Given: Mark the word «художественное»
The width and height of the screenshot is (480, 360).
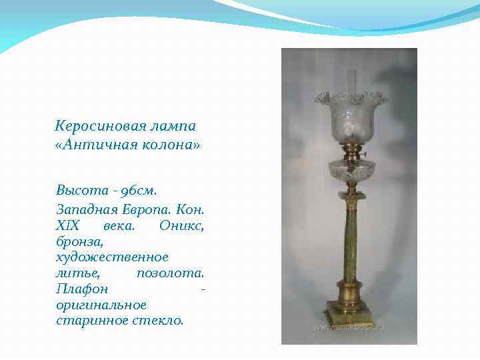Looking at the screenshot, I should pyautogui.click(x=112, y=257).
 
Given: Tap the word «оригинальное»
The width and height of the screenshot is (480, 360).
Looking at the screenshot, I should pyautogui.click(x=101, y=305).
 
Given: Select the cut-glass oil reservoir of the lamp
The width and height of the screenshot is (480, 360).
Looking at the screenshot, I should pyautogui.click(x=350, y=170).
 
